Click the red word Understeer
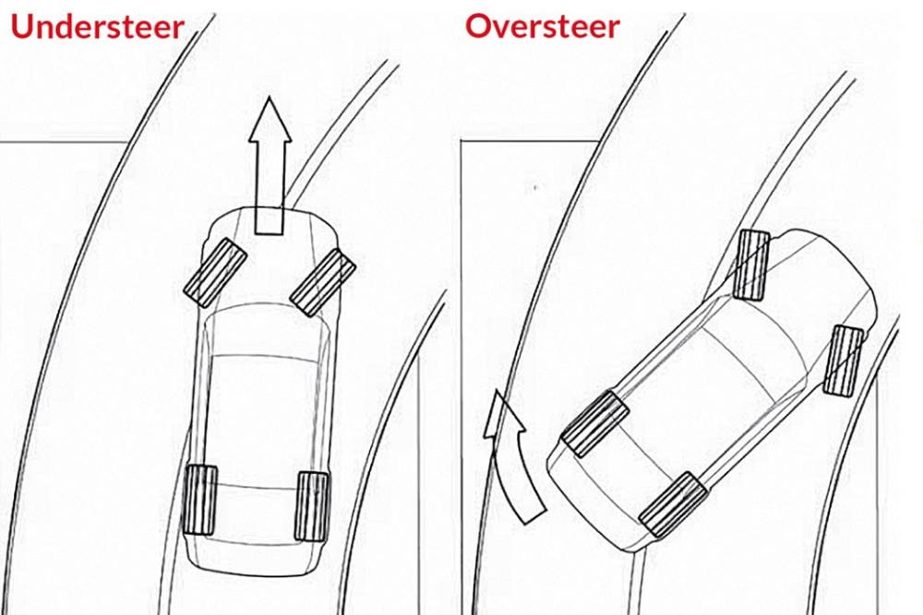(98, 27)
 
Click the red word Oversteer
(542, 27)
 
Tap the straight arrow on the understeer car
(270, 166)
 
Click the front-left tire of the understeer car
(214, 273)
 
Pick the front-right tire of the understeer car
(323, 282)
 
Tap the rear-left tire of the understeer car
(200, 501)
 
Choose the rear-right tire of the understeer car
(312, 506)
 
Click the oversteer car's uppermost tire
(751, 265)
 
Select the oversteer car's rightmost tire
(844, 360)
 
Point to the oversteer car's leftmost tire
(595, 424)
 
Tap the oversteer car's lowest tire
(673, 504)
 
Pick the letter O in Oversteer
(479, 27)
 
